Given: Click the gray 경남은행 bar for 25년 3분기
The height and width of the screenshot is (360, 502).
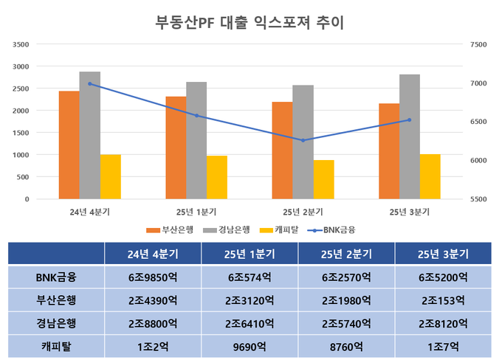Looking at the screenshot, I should (x=409, y=136).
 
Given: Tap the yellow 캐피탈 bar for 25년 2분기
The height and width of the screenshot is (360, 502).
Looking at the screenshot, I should (x=323, y=179).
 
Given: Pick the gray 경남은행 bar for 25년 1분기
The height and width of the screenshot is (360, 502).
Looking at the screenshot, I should (x=196, y=140).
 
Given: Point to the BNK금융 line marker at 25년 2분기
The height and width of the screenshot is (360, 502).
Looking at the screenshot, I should (x=303, y=140).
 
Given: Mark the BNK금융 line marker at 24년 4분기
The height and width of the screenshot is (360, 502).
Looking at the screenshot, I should (x=90, y=83).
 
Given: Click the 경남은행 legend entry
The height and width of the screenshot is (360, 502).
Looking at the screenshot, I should (x=230, y=229).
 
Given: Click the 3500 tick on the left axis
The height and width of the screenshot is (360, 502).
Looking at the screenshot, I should (x=21, y=44).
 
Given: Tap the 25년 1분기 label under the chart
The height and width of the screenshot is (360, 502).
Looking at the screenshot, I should (x=196, y=211).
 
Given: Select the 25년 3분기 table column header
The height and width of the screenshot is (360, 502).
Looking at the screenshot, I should (x=443, y=254).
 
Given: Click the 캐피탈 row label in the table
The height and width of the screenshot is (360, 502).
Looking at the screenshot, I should (x=56, y=345).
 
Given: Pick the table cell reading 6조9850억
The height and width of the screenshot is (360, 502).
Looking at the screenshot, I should (x=153, y=277).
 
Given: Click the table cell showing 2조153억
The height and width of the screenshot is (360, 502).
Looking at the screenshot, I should (x=443, y=300).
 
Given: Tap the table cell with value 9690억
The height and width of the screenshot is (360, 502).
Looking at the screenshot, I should (x=250, y=345).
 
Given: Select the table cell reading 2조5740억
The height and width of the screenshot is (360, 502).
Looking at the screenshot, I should (x=346, y=323).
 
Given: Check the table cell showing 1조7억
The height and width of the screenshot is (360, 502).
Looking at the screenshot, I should (x=443, y=345).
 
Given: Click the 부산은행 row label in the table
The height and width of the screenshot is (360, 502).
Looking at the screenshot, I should (x=56, y=300).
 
